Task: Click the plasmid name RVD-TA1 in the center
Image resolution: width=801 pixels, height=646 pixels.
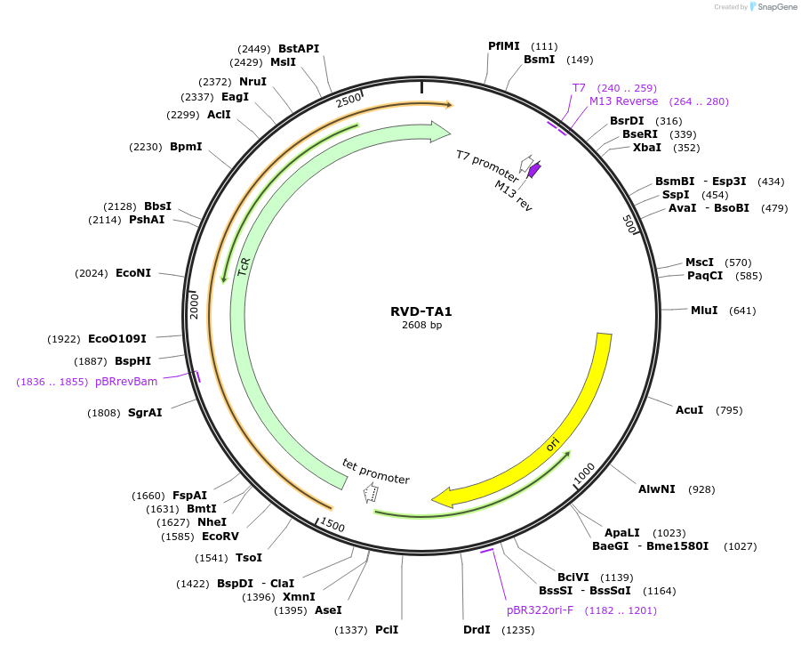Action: pos(421,311)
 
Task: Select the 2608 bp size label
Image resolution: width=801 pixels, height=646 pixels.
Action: pos(421,326)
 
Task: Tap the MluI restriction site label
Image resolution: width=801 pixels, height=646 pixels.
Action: pos(704,311)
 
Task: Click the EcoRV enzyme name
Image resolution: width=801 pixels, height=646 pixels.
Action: pos(220,537)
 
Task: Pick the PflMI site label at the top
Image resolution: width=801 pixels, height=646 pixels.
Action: pos(504,46)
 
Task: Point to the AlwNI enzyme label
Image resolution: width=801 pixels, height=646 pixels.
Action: pos(657,489)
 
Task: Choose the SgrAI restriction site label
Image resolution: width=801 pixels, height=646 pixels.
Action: pos(145,413)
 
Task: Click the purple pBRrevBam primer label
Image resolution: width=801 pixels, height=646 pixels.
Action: pos(126,382)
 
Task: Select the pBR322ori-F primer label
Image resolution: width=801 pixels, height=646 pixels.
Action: pos(542,610)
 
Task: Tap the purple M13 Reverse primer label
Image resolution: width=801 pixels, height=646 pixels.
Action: pos(624,101)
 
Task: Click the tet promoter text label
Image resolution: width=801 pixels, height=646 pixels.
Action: pos(376,472)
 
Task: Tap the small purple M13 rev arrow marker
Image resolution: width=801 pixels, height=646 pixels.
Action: pos(533,168)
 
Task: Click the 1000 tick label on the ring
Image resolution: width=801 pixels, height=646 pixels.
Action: pos(583,475)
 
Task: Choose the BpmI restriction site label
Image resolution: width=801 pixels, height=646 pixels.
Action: pos(186,147)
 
